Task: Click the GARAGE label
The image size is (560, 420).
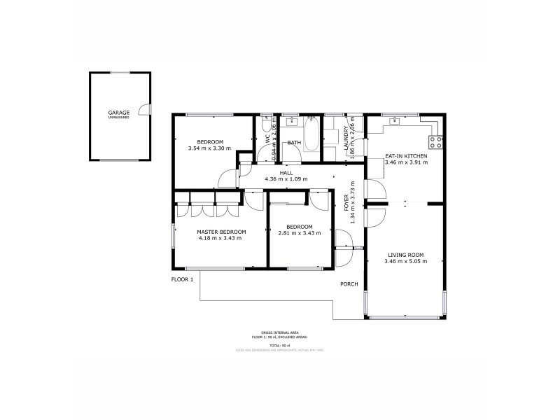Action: tap(119, 112)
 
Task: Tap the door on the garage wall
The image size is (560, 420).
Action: tap(145, 109)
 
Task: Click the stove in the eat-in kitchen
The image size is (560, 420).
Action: tap(435, 142)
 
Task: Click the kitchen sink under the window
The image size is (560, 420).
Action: tap(395, 120)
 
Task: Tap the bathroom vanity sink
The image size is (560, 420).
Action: tap(293, 122)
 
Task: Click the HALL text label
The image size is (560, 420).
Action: tap(286, 172)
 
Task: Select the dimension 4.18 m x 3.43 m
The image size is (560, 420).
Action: tap(220, 238)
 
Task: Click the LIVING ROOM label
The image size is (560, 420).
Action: tap(404, 255)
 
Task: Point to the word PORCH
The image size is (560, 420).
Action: tap(349, 284)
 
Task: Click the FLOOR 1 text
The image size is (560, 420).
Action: tap(183, 279)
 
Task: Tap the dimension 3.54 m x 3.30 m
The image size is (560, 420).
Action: tap(210, 148)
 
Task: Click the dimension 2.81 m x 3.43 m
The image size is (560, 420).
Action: tap(299, 233)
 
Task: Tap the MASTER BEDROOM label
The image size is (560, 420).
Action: tap(221, 232)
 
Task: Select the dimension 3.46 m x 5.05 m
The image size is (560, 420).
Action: tap(404, 262)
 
